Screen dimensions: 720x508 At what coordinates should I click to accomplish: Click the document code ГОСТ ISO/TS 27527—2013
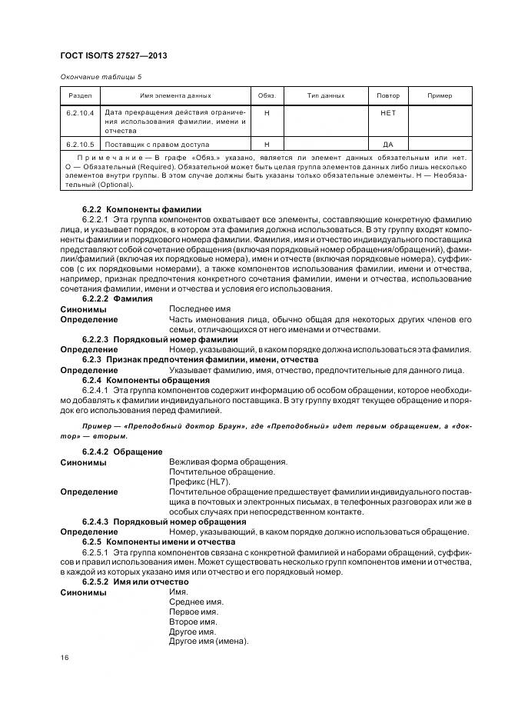point(114,57)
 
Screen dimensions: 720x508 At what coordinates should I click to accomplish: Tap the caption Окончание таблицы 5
point(101,77)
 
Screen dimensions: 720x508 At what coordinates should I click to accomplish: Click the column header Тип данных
point(326,95)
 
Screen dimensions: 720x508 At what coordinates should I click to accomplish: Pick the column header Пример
point(440,95)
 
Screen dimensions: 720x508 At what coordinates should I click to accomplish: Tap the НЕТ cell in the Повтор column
point(388,112)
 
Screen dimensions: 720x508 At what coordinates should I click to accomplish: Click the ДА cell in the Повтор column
point(388,144)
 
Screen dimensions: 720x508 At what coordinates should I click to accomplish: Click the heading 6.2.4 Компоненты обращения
point(145,380)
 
